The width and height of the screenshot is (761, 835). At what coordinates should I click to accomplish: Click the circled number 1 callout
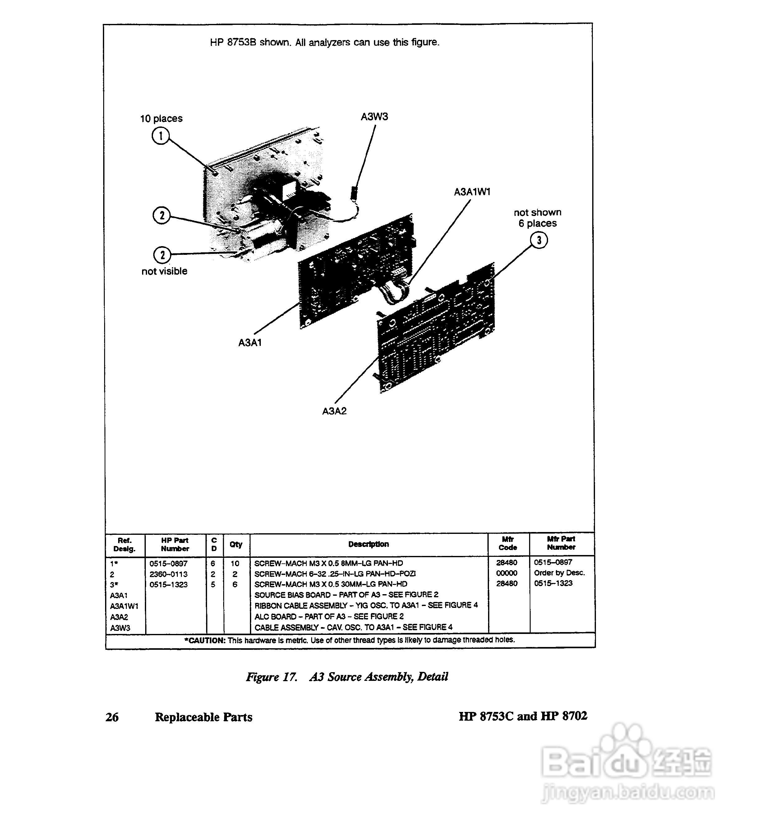coord(161,135)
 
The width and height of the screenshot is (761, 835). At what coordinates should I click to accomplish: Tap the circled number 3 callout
coord(538,240)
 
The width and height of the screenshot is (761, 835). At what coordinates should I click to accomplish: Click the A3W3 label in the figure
coord(374,117)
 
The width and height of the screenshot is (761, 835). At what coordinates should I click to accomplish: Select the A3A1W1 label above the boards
coord(472,192)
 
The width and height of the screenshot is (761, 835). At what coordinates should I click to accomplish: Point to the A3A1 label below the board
coord(250,342)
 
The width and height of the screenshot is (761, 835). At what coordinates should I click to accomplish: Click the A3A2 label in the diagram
coord(334,411)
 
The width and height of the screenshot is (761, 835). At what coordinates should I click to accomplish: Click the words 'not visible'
coord(164,271)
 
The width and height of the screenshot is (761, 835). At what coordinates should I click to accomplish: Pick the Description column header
coord(368,544)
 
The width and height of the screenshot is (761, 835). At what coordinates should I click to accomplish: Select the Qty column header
coord(236,544)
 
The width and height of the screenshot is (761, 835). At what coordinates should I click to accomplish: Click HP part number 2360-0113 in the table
coord(168,574)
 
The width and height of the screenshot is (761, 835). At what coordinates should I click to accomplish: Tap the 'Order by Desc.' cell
coord(559,573)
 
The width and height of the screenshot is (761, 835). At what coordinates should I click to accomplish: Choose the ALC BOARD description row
coord(329,616)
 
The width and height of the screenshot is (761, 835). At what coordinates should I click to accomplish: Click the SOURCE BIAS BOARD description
coord(346,594)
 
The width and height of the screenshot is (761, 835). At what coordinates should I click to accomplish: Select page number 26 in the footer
coord(112,717)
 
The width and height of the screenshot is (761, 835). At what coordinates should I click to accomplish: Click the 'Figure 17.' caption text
coord(271,677)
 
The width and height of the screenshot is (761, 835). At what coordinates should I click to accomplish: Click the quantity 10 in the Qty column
coord(235,563)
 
